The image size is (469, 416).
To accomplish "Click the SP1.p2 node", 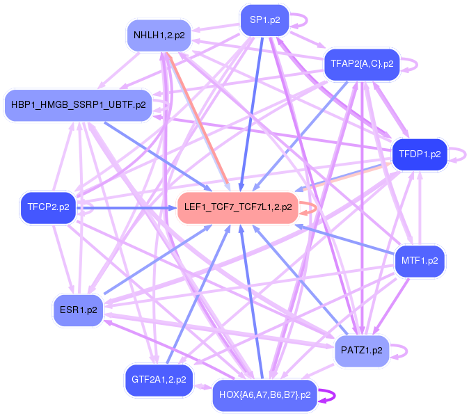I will click(264, 20).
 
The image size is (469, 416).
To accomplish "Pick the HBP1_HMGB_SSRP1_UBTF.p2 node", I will click(78, 105).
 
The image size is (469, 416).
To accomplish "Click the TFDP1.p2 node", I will click(416, 154).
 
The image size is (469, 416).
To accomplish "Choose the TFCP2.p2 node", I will click(48, 207).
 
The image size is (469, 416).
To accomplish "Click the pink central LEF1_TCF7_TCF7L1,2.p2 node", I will click(238, 207).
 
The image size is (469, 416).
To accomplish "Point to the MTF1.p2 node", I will click(420, 262).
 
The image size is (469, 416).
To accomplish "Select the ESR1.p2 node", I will click(78, 310).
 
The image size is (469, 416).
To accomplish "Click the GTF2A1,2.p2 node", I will click(158, 380).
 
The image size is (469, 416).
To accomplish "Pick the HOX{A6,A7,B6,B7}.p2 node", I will click(264, 395).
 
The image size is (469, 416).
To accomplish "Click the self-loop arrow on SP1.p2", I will click(301, 20).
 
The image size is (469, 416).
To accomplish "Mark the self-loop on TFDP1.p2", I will click(459, 154).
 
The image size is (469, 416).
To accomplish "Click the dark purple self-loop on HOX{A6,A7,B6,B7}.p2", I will click(329, 395).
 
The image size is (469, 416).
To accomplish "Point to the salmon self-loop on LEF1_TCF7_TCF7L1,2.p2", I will click(310, 207).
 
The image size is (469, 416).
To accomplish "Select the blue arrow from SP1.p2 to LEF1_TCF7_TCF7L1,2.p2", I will click(252, 111).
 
